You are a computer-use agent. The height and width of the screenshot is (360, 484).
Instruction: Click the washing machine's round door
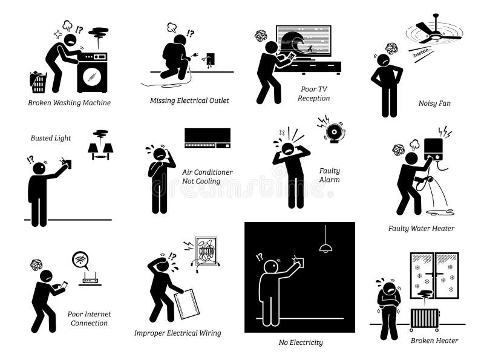[92, 78]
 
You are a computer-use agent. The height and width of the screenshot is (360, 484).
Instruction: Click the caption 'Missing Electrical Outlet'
[190, 100]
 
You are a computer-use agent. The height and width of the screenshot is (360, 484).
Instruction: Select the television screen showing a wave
[303, 41]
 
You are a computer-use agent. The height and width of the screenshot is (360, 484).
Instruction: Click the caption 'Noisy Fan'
[434, 103]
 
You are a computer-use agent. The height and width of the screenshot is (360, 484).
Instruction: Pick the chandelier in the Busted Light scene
[100, 145]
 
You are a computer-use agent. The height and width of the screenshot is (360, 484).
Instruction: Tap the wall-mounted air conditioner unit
[208, 137]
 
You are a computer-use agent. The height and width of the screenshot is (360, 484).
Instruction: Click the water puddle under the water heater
[440, 211]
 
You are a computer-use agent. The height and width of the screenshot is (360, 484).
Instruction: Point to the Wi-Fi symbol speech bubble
[80, 260]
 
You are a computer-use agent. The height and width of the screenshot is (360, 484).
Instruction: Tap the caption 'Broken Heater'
[434, 341]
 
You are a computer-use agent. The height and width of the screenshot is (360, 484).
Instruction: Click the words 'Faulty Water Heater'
[421, 229]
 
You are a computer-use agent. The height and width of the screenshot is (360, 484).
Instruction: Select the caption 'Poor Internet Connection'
[88, 318]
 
